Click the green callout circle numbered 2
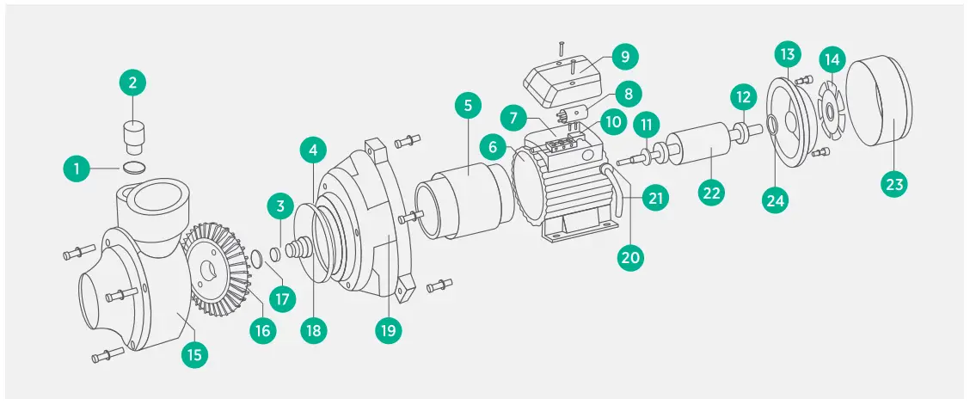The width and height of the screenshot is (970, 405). pos(132,83)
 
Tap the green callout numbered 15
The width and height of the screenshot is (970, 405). pos(197,354)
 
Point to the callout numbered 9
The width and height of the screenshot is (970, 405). pos(625,58)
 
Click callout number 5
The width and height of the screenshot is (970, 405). pos(468,107)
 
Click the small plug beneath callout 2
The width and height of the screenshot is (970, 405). pos(132,134)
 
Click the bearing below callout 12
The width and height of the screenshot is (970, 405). pos(739,134)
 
